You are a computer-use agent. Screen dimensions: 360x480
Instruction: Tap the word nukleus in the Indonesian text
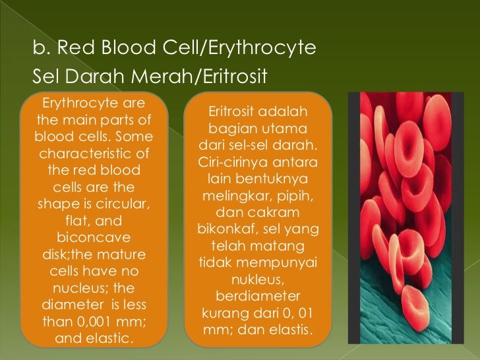point(258,279)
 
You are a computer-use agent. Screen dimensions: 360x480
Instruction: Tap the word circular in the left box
point(125,203)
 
